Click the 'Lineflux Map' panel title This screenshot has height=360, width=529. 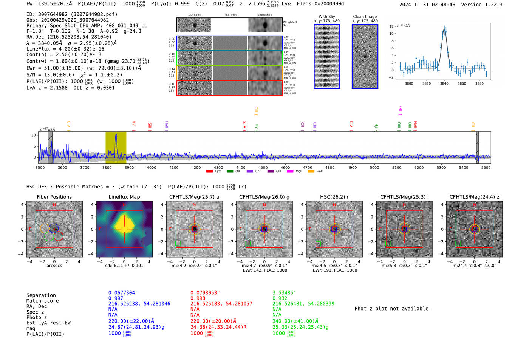(x=124, y=197)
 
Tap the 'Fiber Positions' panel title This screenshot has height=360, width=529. (x=54, y=197)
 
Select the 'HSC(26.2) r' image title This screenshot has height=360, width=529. (x=334, y=197)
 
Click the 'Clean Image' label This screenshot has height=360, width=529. (x=365, y=17)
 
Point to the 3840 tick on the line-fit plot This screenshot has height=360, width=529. (x=444, y=83)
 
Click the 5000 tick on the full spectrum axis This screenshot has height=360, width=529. (x=374, y=167)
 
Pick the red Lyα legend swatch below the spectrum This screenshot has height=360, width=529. (x=209, y=171)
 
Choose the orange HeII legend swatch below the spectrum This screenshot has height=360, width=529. (x=311, y=171)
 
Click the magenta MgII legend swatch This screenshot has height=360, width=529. (x=290, y=171)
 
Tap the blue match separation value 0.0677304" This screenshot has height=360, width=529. (x=123, y=293)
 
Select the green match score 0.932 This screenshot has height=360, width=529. (x=280, y=298)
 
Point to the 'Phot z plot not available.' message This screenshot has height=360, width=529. (x=393, y=309)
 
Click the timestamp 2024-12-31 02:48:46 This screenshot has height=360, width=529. (x=427, y=5)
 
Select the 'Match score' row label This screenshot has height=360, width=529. (x=42, y=301)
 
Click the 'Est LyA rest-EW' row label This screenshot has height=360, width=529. (x=48, y=323)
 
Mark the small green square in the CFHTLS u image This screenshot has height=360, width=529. (x=178, y=244)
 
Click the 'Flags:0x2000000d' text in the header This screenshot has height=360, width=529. (x=320, y=4)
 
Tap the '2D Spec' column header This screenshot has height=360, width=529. (x=194, y=15)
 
